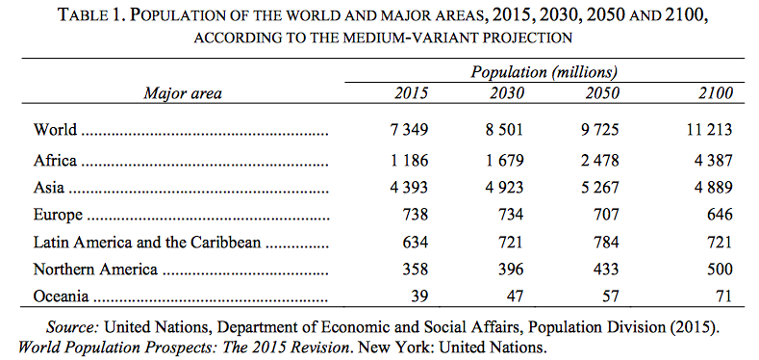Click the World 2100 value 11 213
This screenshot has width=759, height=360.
pyautogui.click(x=707, y=129)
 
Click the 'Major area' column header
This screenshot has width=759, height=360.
pyautogui.click(x=182, y=93)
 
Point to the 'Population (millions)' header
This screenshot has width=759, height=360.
pyautogui.click(x=544, y=72)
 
